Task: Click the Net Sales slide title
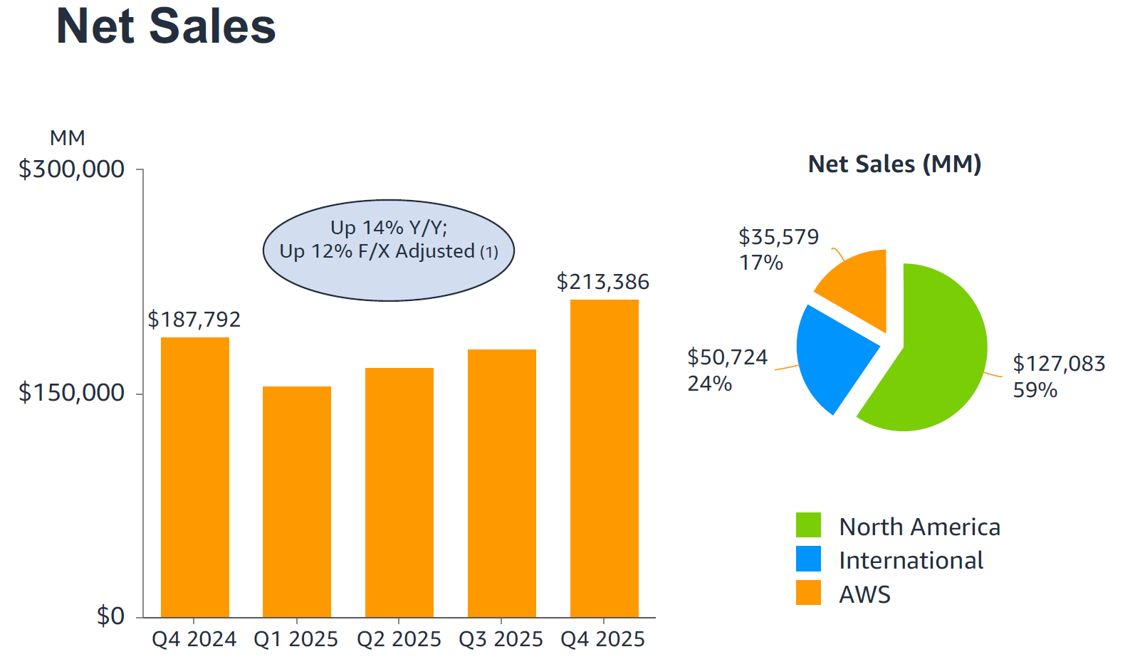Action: (166, 27)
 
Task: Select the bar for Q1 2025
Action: (297, 501)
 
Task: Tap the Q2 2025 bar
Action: (399, 492)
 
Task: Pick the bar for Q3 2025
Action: (502, 483)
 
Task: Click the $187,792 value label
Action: (194, 320)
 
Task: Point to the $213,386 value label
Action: (603, 282)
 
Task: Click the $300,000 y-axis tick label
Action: (71, 169)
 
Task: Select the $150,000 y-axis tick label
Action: (71, 393)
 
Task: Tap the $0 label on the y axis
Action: (110, 616)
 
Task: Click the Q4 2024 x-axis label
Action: (194, 639)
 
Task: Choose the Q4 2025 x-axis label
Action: (603, 639)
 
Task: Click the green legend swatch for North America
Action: (808, 525)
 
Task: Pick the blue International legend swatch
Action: (808, 559)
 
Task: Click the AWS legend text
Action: (864, 594)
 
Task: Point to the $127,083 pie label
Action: (1059, 364)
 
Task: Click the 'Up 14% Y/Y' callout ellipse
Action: (389, 250)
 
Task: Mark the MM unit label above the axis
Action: (68, 138)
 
